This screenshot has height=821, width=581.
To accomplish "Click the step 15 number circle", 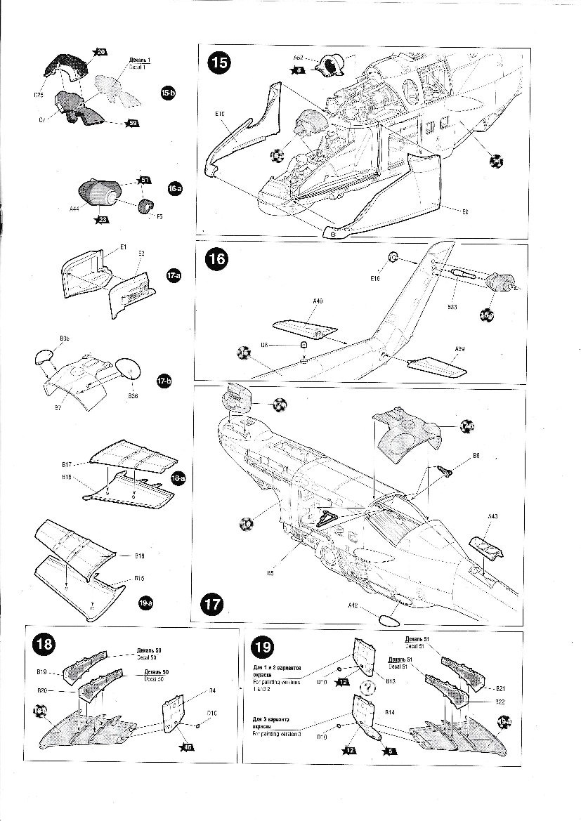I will [219, 63].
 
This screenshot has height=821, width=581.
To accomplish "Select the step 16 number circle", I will [216, 259].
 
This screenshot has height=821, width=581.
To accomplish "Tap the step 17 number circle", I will [212, 603].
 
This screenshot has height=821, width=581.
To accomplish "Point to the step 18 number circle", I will [44, 643].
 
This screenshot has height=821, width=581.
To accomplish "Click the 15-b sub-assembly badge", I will [168, 93].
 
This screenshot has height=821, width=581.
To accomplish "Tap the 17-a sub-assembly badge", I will [174, 277].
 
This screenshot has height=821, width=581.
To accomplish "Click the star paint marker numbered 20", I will [100, 52].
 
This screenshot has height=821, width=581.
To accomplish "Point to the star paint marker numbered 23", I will [103, 219].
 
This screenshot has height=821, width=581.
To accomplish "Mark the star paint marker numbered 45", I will [187, 747].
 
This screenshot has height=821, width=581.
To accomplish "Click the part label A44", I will [75, 209].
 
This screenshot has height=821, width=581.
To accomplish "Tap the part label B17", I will [67, 464].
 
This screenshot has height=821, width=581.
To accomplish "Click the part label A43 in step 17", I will [492, 517].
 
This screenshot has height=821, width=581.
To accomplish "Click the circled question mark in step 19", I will [366, 688].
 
